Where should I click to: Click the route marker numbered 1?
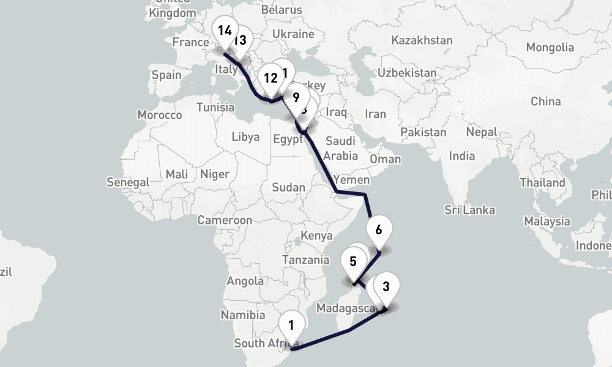coord(291,325)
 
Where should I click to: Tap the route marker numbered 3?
coord(386,287)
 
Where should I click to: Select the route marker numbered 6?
coord(378,230)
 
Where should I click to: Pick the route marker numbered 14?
coord(224,29)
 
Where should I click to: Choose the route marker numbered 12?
coord(271,78)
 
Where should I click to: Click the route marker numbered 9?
coord(296,97)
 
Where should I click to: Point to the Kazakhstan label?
coord(422,40)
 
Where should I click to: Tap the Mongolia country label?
coord(550,47)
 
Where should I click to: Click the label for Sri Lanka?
coord(469,210)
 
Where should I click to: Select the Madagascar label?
coord(346,307)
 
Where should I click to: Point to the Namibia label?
coord(243,316)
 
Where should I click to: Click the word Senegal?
coord(128,182)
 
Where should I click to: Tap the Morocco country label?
coord(160,115)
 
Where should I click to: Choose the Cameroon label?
coord(225,220)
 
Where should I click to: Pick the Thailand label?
coord(542,183)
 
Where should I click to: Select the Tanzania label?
coord(306,259)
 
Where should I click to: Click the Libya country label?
coord(245,136)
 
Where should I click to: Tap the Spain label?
coord(166,75)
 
